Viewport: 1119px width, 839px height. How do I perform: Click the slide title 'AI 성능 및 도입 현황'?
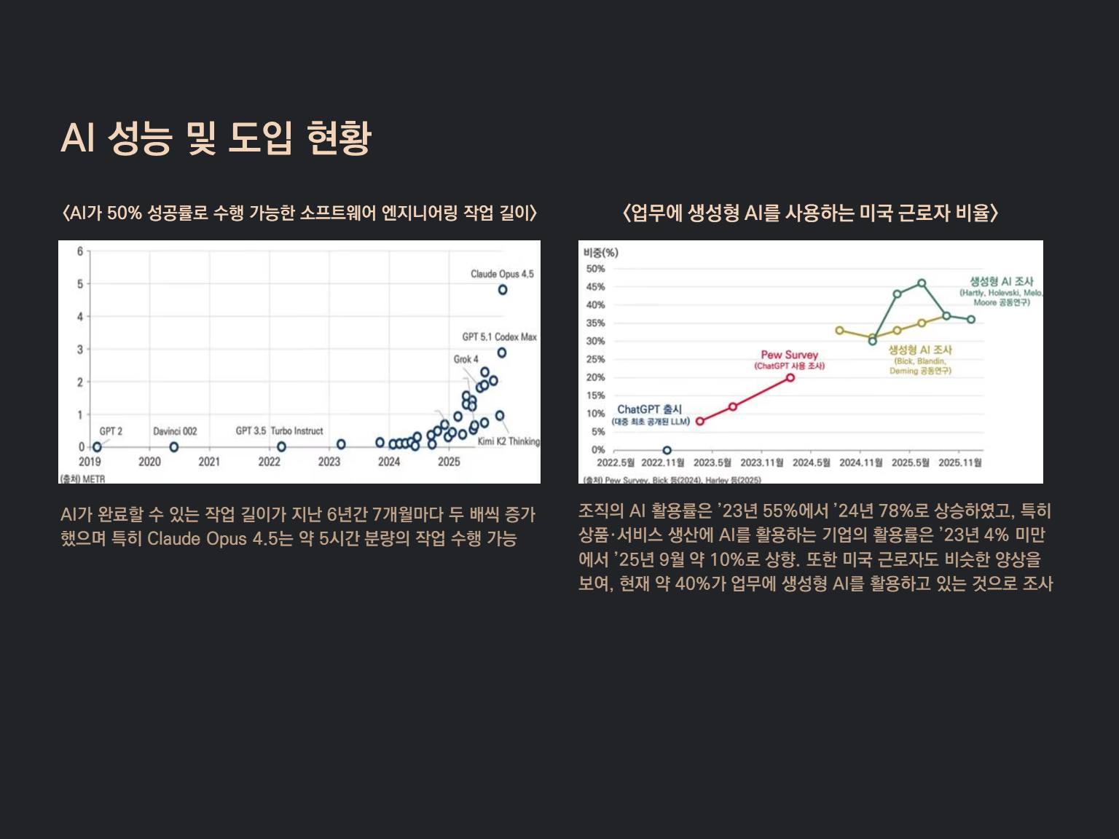(x=216, y=137)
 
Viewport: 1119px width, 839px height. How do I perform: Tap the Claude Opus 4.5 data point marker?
(x=503, y=290)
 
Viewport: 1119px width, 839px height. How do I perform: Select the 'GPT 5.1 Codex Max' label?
(x=499, y=336)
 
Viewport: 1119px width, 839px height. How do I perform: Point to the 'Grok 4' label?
(x=466, y=359)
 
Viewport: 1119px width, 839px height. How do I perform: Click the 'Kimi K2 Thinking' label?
(x=509, y=441)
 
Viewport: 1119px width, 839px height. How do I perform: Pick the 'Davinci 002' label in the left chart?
(x=175, y=431)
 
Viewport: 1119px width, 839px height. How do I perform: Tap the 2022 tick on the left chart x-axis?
(x=269, y=462)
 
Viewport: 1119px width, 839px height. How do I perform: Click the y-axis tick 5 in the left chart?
(x=80, y=284)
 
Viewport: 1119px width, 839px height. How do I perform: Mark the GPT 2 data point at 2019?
(x=97, y=446)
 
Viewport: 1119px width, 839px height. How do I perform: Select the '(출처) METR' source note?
(x=82, y=478)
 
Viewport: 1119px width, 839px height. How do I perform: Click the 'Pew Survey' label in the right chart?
(x=789, y=355)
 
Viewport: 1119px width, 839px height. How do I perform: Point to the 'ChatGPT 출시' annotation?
(x=649, y=409)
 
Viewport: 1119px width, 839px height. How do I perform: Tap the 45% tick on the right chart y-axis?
(x=595, y=287)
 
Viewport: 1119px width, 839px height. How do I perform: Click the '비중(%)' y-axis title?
(x=600, y=253)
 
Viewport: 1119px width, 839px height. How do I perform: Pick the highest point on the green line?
(x=922, y=283)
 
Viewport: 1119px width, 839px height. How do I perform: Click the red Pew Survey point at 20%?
(x=790, y=377)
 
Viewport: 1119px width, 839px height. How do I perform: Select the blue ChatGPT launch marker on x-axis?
(x=667, y=450)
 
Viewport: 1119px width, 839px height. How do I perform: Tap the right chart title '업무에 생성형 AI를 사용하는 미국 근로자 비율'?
(x=810, y=213)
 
